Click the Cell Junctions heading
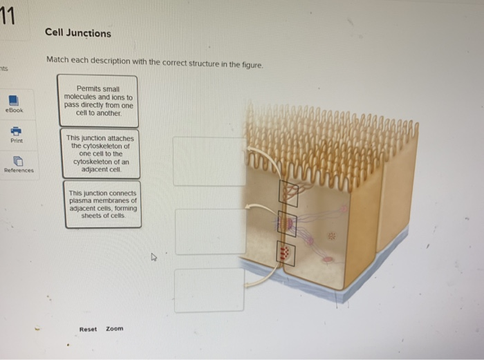tap(78, 32)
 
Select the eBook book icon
tap(14, 101)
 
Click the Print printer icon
tap(16, 131)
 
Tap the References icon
tap(18, 161)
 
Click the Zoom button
tap(115, 328)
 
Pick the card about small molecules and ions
tap(98, 101)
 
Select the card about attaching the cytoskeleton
tap(101, 153)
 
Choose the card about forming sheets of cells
tap(103, 205)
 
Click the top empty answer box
tap(210, 161)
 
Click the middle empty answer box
tap(210, 231)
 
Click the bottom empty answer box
tap(210, 290)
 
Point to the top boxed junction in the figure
tap(288, 193)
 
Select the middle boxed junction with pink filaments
tap(287, 224)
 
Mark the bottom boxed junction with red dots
tap(286, 254)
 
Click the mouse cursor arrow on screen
tap(153, 257)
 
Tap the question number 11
tap(7, 16)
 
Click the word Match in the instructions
tap(57, 59)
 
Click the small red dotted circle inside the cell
tap(331, 236)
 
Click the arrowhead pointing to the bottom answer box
tap(248, 285)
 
